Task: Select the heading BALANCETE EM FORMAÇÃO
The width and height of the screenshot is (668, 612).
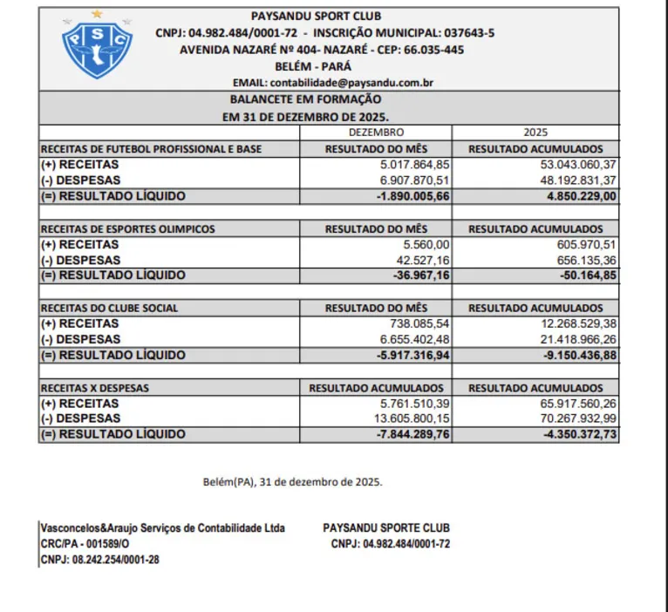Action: (x=305, y=99)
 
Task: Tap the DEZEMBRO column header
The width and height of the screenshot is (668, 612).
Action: (x=376, y=133)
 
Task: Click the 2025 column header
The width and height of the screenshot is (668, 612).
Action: (x=535, y=133)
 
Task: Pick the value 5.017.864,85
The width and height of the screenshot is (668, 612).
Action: (x=415, y=165)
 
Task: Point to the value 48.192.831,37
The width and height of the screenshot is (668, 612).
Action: (x=566, y=180)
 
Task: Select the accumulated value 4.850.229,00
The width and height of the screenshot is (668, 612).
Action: (x=572, y=196)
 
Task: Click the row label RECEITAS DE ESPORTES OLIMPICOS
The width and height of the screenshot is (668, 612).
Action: (x=127, y=229)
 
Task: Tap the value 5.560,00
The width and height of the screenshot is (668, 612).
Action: (x=425, y=245)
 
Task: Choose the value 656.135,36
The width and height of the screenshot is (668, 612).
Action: (x=578, y=260)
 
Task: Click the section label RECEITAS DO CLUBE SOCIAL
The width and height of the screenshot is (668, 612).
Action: (x=110, y=308)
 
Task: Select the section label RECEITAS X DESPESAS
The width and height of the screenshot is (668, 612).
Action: (x=95, y=387)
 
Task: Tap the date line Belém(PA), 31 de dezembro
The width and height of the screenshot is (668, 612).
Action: (x=292, y=481)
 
